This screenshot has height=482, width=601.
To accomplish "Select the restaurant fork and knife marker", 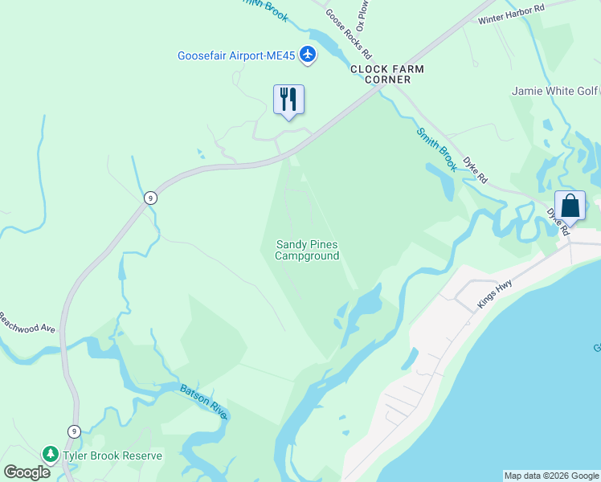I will pos(288,100).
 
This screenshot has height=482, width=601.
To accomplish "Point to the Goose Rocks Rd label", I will pos(348,34).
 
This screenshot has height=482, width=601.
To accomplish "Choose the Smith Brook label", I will pos(436,149).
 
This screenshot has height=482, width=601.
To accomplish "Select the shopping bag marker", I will pos(570,206).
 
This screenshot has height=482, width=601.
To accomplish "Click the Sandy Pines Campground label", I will pos(307,250).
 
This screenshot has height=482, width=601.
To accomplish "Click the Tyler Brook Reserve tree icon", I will pos(51,455).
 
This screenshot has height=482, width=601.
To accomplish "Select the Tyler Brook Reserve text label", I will pos(112,455).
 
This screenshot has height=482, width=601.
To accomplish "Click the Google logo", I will pos(27,472).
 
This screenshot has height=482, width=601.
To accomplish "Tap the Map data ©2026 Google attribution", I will pos(551,476).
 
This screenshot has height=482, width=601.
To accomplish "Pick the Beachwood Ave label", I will pos(27,323).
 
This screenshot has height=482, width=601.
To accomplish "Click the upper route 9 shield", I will pos(150,198).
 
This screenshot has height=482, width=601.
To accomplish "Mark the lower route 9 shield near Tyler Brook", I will pos(74,431).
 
